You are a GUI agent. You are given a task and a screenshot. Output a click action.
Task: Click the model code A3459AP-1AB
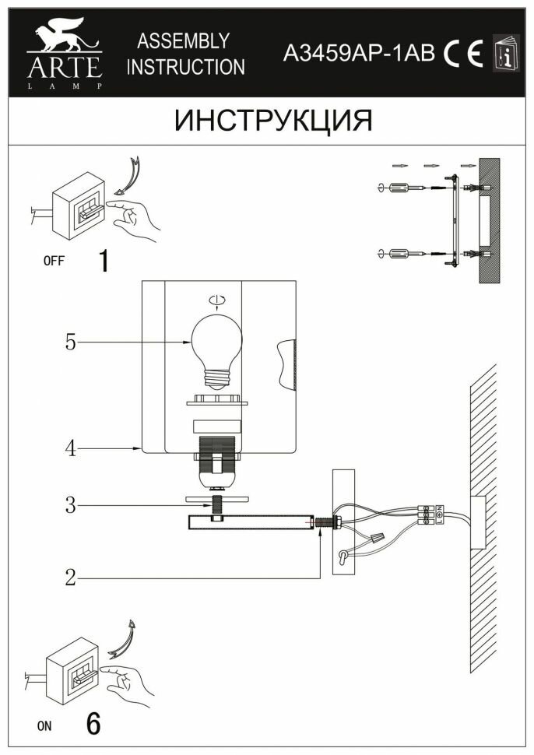tap(358, 53)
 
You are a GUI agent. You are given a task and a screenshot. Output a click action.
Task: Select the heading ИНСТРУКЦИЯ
tap(273, 121)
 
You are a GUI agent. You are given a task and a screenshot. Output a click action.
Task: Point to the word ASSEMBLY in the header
tap(183, 40)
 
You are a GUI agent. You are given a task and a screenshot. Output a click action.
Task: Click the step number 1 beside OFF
tap(102, 261)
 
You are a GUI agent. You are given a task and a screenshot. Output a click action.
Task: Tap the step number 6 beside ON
tap(93, 725)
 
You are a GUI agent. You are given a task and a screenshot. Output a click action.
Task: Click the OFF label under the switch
tap(54, 262)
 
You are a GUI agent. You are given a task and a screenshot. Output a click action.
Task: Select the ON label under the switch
tap(44, 726)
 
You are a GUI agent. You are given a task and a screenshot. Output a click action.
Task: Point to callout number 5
tap(71, 342)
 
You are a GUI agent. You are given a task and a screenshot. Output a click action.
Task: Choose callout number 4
tap(71, 449)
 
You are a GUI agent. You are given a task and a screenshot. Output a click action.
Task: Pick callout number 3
tap(71, 506)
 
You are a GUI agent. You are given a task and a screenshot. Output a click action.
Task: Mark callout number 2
tap(71, 578)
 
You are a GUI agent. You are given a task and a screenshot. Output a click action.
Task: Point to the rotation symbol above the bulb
tap(217, 300)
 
